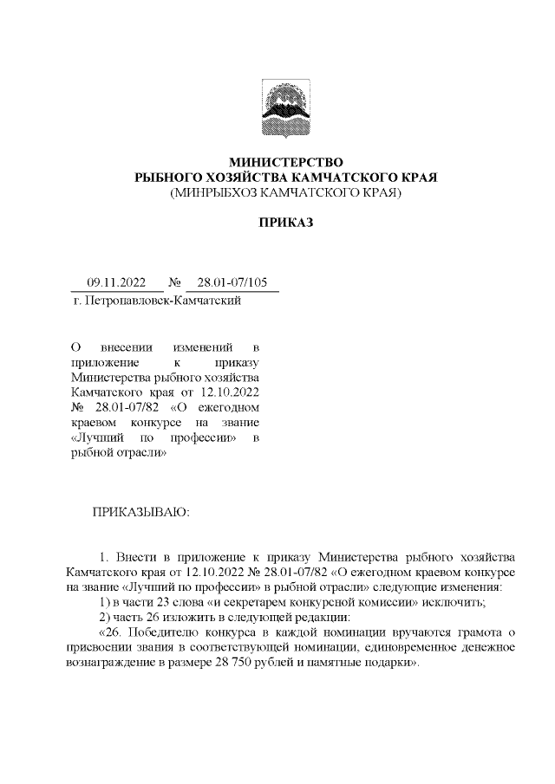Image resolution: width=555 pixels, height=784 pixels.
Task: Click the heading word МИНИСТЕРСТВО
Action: [x=285, y=162]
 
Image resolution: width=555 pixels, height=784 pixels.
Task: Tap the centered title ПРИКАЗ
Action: [x=285, y=223]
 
